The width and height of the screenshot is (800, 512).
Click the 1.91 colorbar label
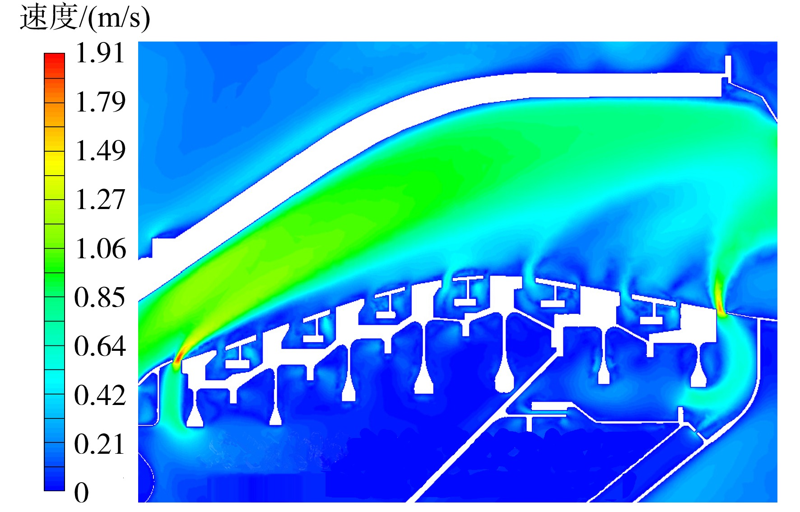(100, 53)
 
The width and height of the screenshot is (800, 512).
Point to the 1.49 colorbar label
(100, 150)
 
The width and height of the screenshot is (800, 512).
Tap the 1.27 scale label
(100, 200)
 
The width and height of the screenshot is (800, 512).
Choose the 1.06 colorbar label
(100, 248)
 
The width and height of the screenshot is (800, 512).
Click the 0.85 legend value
(100, 297)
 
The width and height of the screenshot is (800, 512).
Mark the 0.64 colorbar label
(100, 346)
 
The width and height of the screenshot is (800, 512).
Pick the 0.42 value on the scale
(100, 395)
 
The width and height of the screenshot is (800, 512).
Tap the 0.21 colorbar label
(99, 444)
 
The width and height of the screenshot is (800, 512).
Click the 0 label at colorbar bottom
(82, 492)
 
